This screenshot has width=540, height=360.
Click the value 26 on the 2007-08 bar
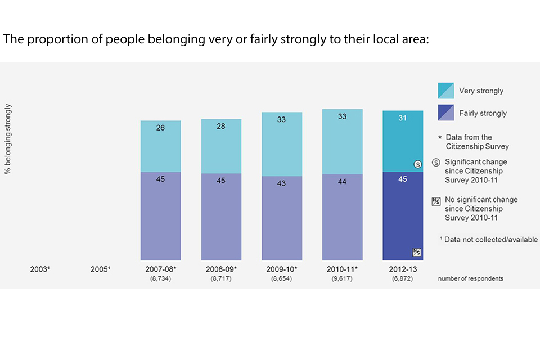click(160, 128)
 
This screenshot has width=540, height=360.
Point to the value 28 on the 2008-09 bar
click(221, 126)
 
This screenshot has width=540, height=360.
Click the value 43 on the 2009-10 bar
click(282, 183)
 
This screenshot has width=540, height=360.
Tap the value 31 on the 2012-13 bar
click(403, 118)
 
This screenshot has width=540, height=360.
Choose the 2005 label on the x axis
click(100, 269)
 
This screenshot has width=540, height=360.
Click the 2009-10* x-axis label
click(282, 269)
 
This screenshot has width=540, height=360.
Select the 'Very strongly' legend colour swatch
click(446, 91)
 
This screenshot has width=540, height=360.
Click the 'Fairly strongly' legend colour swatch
click(446, 112)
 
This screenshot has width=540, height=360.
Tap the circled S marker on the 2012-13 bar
click(417, 164)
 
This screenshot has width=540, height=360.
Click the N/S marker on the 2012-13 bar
click(417, 252)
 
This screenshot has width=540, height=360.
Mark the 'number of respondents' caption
click(470, 278)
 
